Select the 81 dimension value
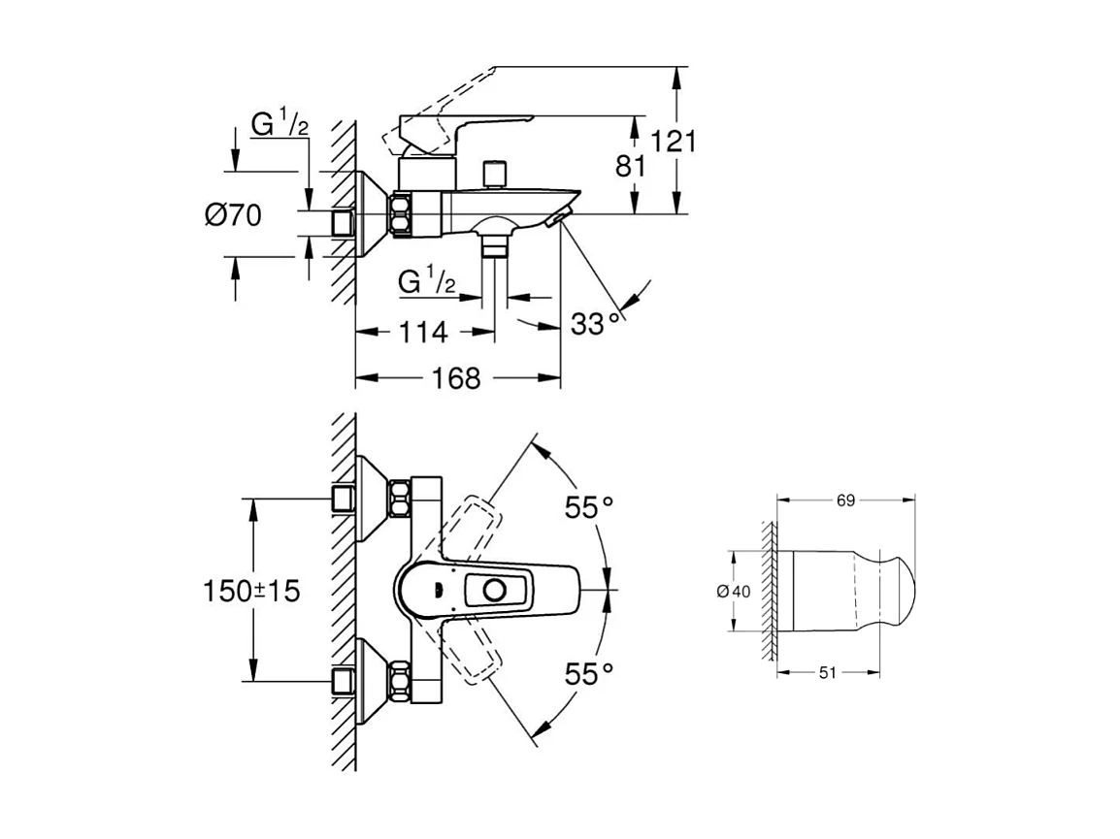631,166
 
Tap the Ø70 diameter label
233,214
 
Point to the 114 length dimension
423,333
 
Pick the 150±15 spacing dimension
251,591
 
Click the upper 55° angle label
590,506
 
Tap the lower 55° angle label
590,673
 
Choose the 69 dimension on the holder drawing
845,500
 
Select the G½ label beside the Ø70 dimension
280,125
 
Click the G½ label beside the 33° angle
428,282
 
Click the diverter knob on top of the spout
496,173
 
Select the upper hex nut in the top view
399,499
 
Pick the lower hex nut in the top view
399,681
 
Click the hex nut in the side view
401,215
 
